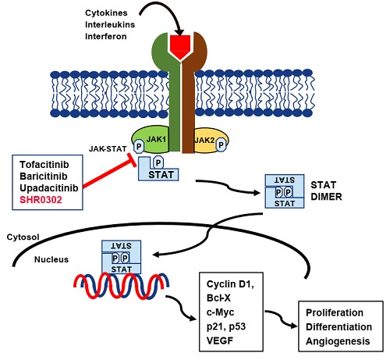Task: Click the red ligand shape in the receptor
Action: (x=180, y=46)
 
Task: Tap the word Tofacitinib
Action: (x=44, y=165)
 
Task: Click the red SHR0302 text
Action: (x=41, y=200)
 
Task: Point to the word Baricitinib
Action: (x=44, y=176)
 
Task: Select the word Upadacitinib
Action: (x=49, y=188)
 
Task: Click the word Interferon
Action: (x=106, y=37)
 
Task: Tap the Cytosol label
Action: (x=23, y=237)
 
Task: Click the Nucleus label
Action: (x=51, y=259)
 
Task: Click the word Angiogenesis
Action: (x=338, y=341)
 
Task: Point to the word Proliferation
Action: (x=335, y=312)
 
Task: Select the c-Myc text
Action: (x=220, y=312)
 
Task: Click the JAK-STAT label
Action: (x=108, y=149)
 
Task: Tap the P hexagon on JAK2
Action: (x=221, y=144)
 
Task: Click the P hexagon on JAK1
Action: (x=139, y=146)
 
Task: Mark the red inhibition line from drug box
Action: (x=108, y=173)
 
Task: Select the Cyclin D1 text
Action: (x=230, y=284)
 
